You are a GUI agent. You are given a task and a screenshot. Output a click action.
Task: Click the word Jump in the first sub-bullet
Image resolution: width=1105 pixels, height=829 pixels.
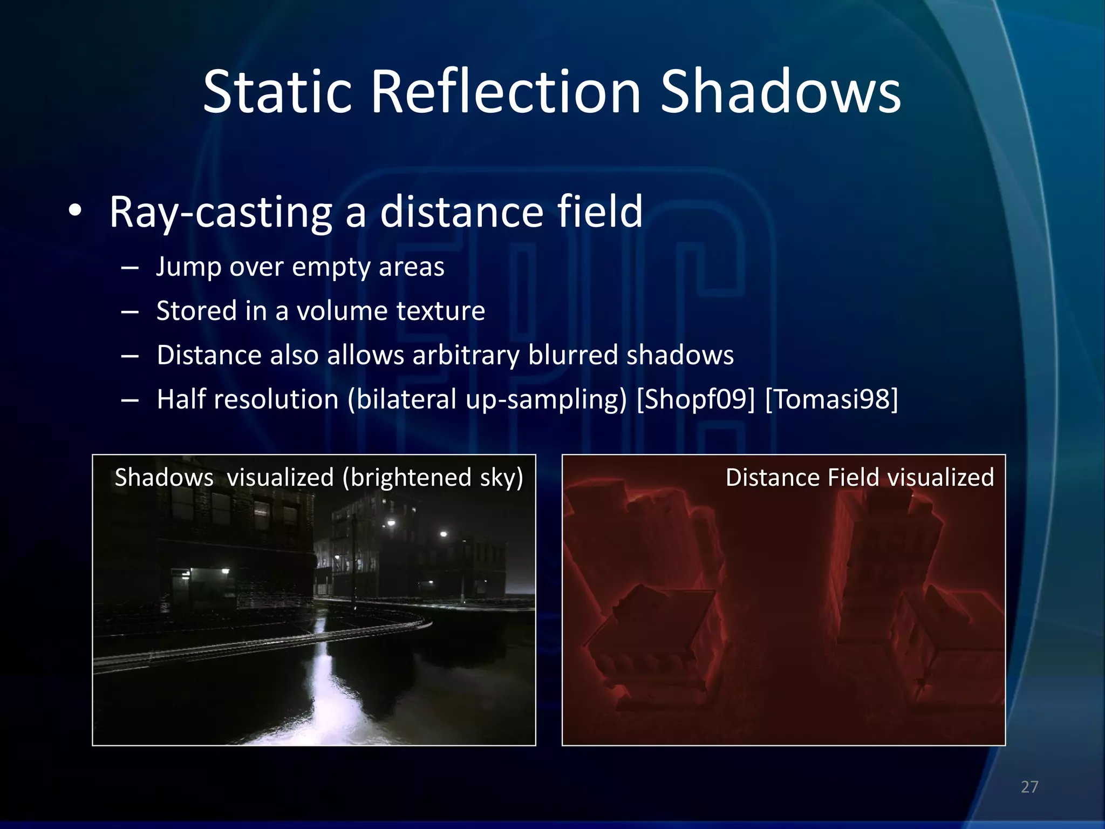point(188,268)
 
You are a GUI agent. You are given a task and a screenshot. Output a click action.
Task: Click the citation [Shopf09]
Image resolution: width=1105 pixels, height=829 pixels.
point(696,400)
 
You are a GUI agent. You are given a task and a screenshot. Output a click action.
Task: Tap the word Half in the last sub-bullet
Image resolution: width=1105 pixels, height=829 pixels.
point(180,400)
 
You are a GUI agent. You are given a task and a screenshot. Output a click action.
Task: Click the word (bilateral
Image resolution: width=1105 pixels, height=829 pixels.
point(402,400)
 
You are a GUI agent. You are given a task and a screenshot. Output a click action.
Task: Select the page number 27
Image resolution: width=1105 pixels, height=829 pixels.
point(1029,787)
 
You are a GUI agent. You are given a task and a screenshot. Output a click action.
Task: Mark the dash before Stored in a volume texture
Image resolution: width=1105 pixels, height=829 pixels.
point(130,312)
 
